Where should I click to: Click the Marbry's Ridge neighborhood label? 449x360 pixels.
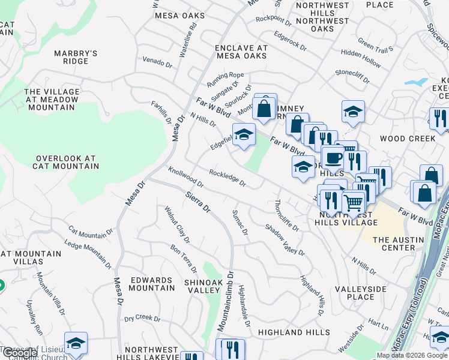[x=76, y=57]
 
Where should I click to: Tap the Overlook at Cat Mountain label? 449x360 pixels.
[x=65, y=163]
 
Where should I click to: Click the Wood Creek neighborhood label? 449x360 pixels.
[x=408, y=139]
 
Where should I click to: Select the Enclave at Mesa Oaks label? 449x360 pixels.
[x=241, y=52]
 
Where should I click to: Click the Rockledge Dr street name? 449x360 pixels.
[x=228, y=178]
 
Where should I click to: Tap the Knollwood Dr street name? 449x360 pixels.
[x=186, y=177]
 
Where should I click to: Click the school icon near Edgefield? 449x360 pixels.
[x=244, y=136]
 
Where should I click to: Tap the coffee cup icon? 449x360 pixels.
[x=333, y=158]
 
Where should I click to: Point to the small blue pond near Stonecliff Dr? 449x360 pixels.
[x=416, y=82]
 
